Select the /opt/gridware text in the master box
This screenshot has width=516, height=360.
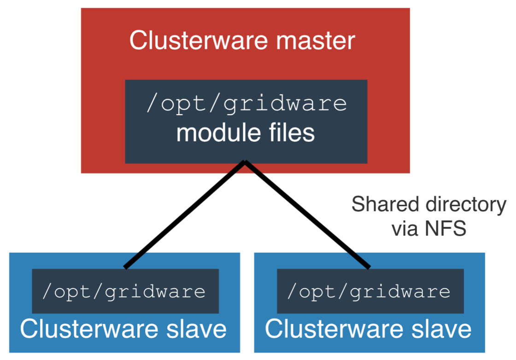(x=246, y=104)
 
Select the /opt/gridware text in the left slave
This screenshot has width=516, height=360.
(x=124, y=292)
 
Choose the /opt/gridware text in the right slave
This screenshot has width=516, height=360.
(x=369, y=292)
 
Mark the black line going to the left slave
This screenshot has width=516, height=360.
(x=184, y=215)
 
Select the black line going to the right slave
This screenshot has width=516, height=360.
(x=308, y=215)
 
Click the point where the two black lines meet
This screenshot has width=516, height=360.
(x=246, y=162)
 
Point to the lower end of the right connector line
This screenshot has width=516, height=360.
(x=369, y=267)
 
